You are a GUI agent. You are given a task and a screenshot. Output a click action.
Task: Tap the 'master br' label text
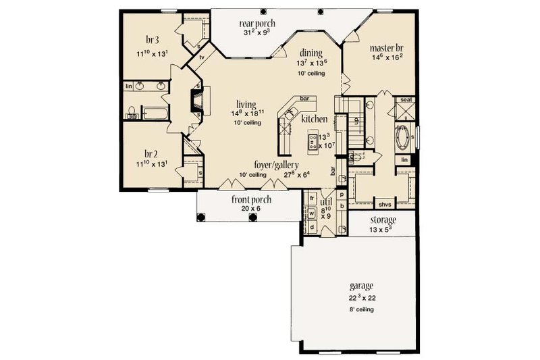pyautogui.click(x=387, y=49)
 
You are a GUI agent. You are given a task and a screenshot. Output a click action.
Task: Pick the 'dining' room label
pyautogui.click(x=311, y=52)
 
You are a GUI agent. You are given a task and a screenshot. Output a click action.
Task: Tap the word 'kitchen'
pyautogui.click(x=315, y=119)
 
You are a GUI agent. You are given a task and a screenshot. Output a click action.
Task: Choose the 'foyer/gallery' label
pyautogui.click(x=277, y=164)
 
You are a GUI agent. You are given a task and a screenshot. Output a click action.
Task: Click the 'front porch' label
pyautogui.click(x=246, y=199)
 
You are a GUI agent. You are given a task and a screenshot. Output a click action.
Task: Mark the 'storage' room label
pyautogui.click(x=383, y=220)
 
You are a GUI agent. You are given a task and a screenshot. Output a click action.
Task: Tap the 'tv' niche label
pyautogui.click(x=202, y=58)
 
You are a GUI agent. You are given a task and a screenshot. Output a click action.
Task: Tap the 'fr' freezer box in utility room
pyautogui.click(x=313, y=198)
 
